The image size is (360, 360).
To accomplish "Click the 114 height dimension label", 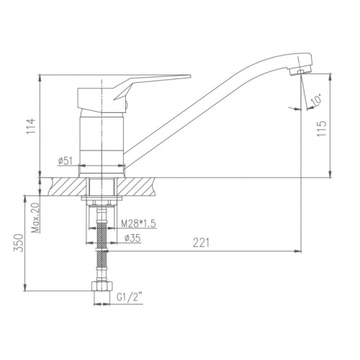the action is pyautogui.click(x=31, y=126).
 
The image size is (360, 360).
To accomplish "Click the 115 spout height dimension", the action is pyautogui.click(x=322, y=129).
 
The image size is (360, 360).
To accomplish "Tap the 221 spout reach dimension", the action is pyautogui.click(x=202, y=243).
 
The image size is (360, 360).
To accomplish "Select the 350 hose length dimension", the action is pyautogui.click(x=19, y=243).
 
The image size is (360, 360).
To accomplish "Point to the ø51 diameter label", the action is pyautogui.click(x=65, y=161).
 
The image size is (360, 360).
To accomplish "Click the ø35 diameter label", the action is pyautogui.click(x=132, y=238).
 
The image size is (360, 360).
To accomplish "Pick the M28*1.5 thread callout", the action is pyautogui.click(x=138, y=223).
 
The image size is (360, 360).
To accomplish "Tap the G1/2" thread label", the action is pyautogui.click(x=130, y=297).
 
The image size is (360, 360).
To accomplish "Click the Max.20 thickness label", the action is pyautogui.click(x=36, y=218).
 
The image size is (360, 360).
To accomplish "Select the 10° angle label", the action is pyautogui.click(x=316, y=99).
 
